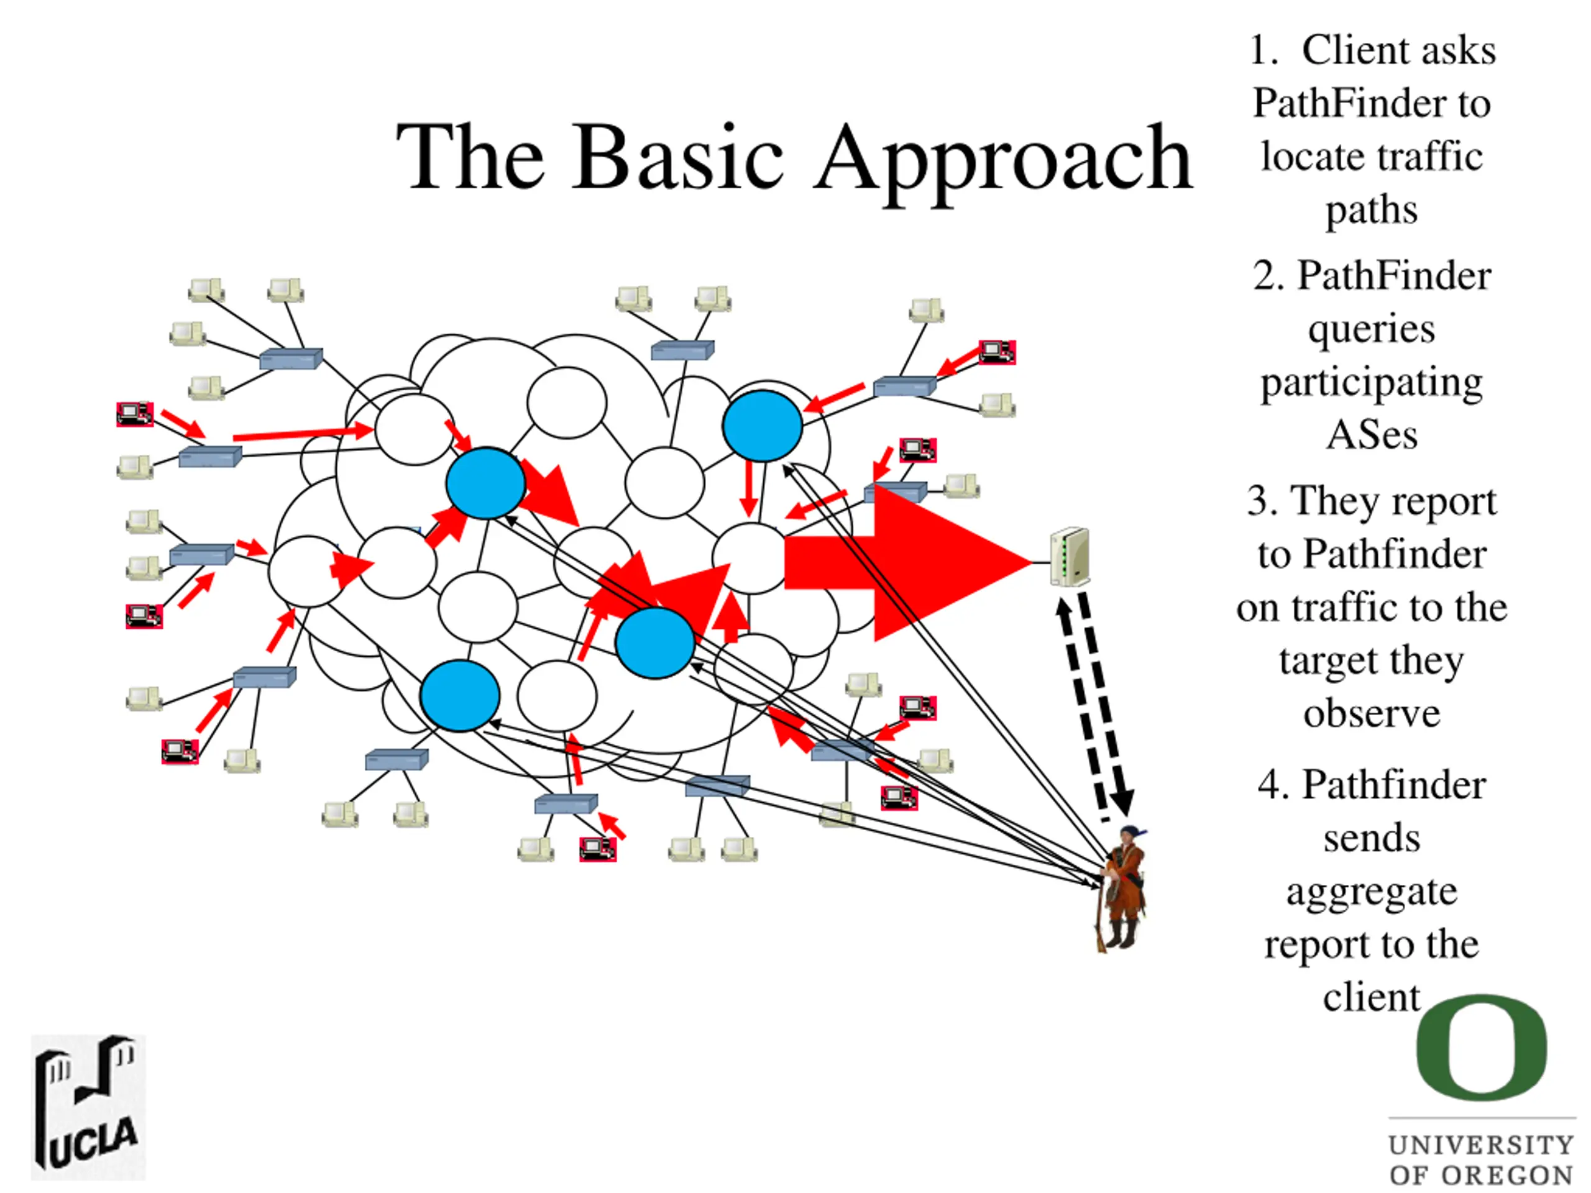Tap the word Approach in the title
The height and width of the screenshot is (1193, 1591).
pyautogui.click(x=1002, y=160)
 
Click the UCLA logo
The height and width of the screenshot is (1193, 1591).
pyautogui.click(x=88, y=1107)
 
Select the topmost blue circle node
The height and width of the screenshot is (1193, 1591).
pyautogui.click(x=763, y=425)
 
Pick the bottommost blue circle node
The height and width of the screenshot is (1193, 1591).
pyautogui.click(x=460, y=695)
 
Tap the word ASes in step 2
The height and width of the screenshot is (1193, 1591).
pyautogui.click(x=1372, y=435)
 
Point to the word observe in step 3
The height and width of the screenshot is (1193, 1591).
pyautogui.click(x=1372, y=713)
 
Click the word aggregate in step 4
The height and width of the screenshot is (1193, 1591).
pyautogui.click(x=1372, y=892)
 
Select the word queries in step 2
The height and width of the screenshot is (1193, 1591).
pyautogui.click(x=1372, y=329)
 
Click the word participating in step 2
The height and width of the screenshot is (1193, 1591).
pyautogui.click(x=1372, y=383)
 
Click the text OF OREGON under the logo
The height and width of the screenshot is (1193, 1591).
pyautogui.click(x=1482, y=1175)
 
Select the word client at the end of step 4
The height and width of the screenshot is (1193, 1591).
pyautogui.click(x=1372, y=997)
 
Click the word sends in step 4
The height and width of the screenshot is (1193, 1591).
pyautogui.click(x=1372, y=838)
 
